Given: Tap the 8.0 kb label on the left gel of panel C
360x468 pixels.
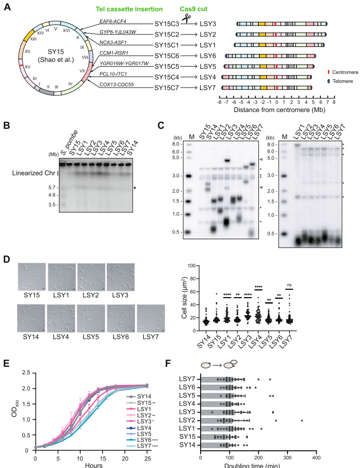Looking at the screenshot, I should [x=176, y=143].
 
